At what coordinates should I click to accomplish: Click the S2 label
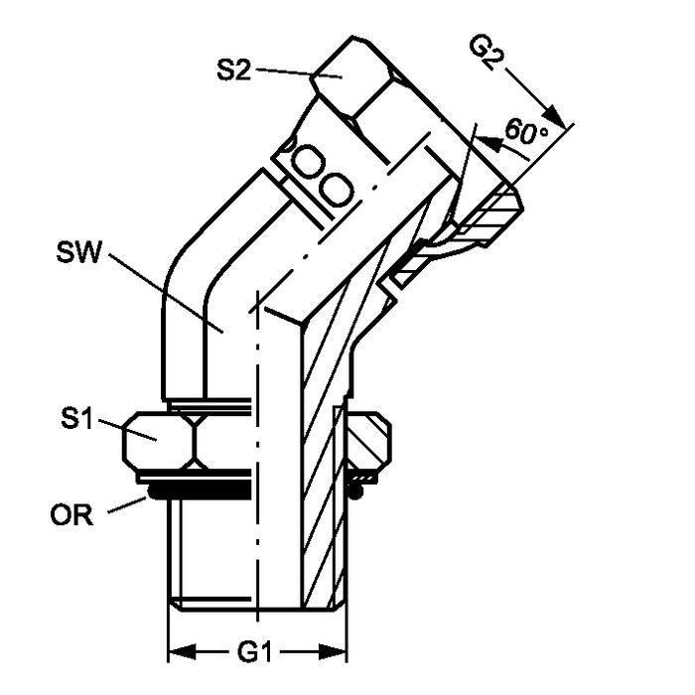[234, 70]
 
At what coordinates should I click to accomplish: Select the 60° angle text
[525, 131]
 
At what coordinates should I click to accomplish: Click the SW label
[79, 252]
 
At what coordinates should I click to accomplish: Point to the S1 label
[77, 418]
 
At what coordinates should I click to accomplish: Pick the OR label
[71, 515]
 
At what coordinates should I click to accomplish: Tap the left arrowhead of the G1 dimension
[182, 652]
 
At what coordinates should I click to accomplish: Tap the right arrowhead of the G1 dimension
[333, 652]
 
